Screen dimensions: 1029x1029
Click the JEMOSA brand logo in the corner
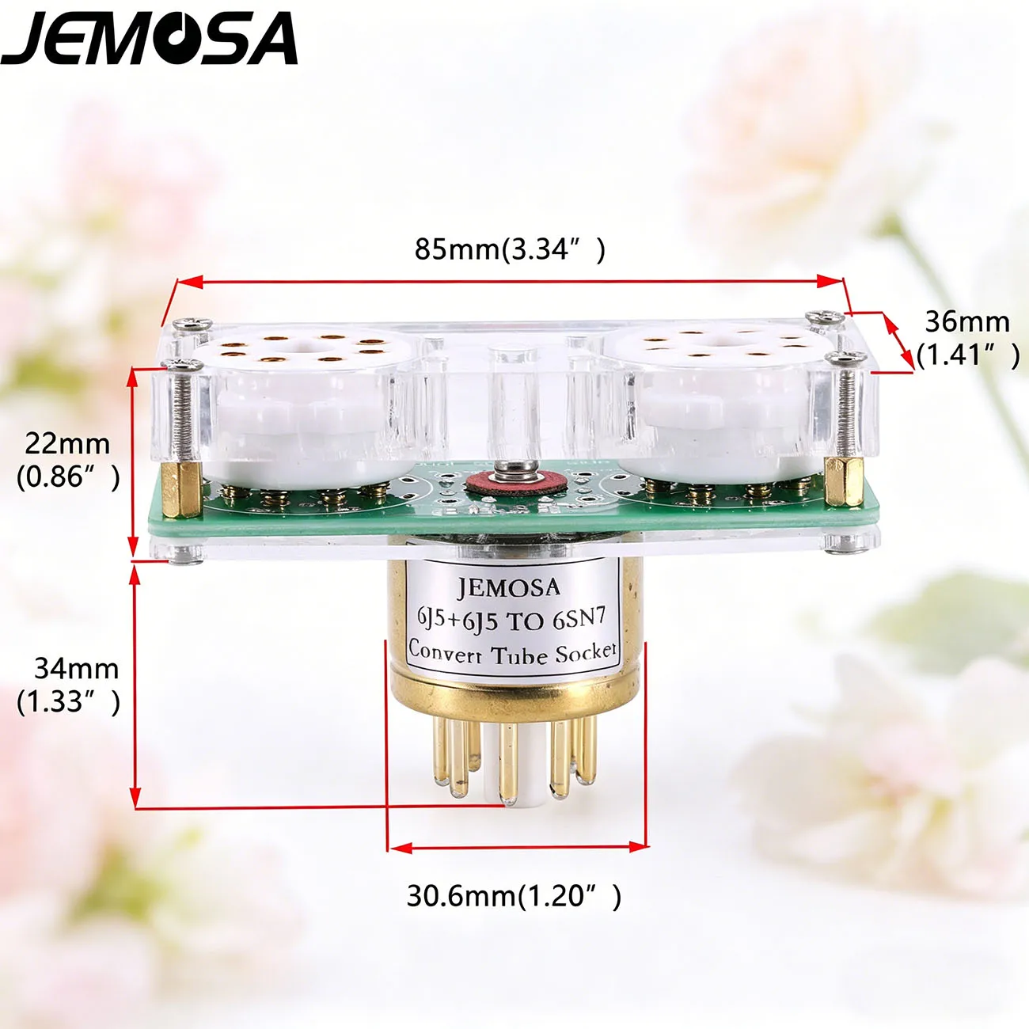tap(149, 38)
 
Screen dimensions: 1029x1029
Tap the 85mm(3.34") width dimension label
tap(511, 249)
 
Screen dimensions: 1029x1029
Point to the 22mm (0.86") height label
tap(68, 461)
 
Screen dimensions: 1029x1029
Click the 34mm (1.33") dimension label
tap(68, 685)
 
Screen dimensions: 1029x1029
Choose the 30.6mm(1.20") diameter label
tap(514, 895)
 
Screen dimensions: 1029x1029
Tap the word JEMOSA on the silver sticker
tap(508, 587)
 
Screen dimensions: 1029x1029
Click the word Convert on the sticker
tap(445, 651)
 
